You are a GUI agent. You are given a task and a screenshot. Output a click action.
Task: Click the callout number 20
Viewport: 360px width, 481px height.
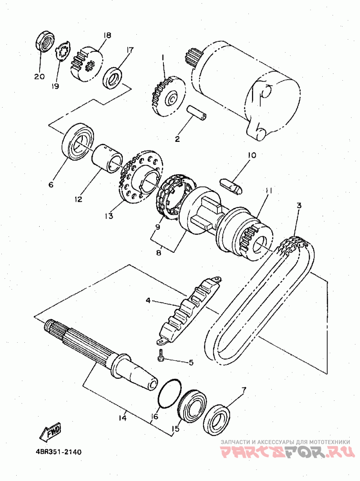pyautogui.click(x=40, y=77)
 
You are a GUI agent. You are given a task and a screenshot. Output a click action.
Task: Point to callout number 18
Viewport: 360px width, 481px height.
pyautogui.click(x=107, y=35)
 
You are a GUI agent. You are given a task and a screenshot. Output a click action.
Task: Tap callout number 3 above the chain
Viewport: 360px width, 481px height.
pyautogui.click(x=299, y=205)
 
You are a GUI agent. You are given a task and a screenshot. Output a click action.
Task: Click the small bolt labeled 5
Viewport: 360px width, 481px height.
pyautogui.click(x=161, y=356)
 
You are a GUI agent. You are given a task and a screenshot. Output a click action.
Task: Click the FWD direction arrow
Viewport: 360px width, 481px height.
pyautogui.click(x=49, y=432)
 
